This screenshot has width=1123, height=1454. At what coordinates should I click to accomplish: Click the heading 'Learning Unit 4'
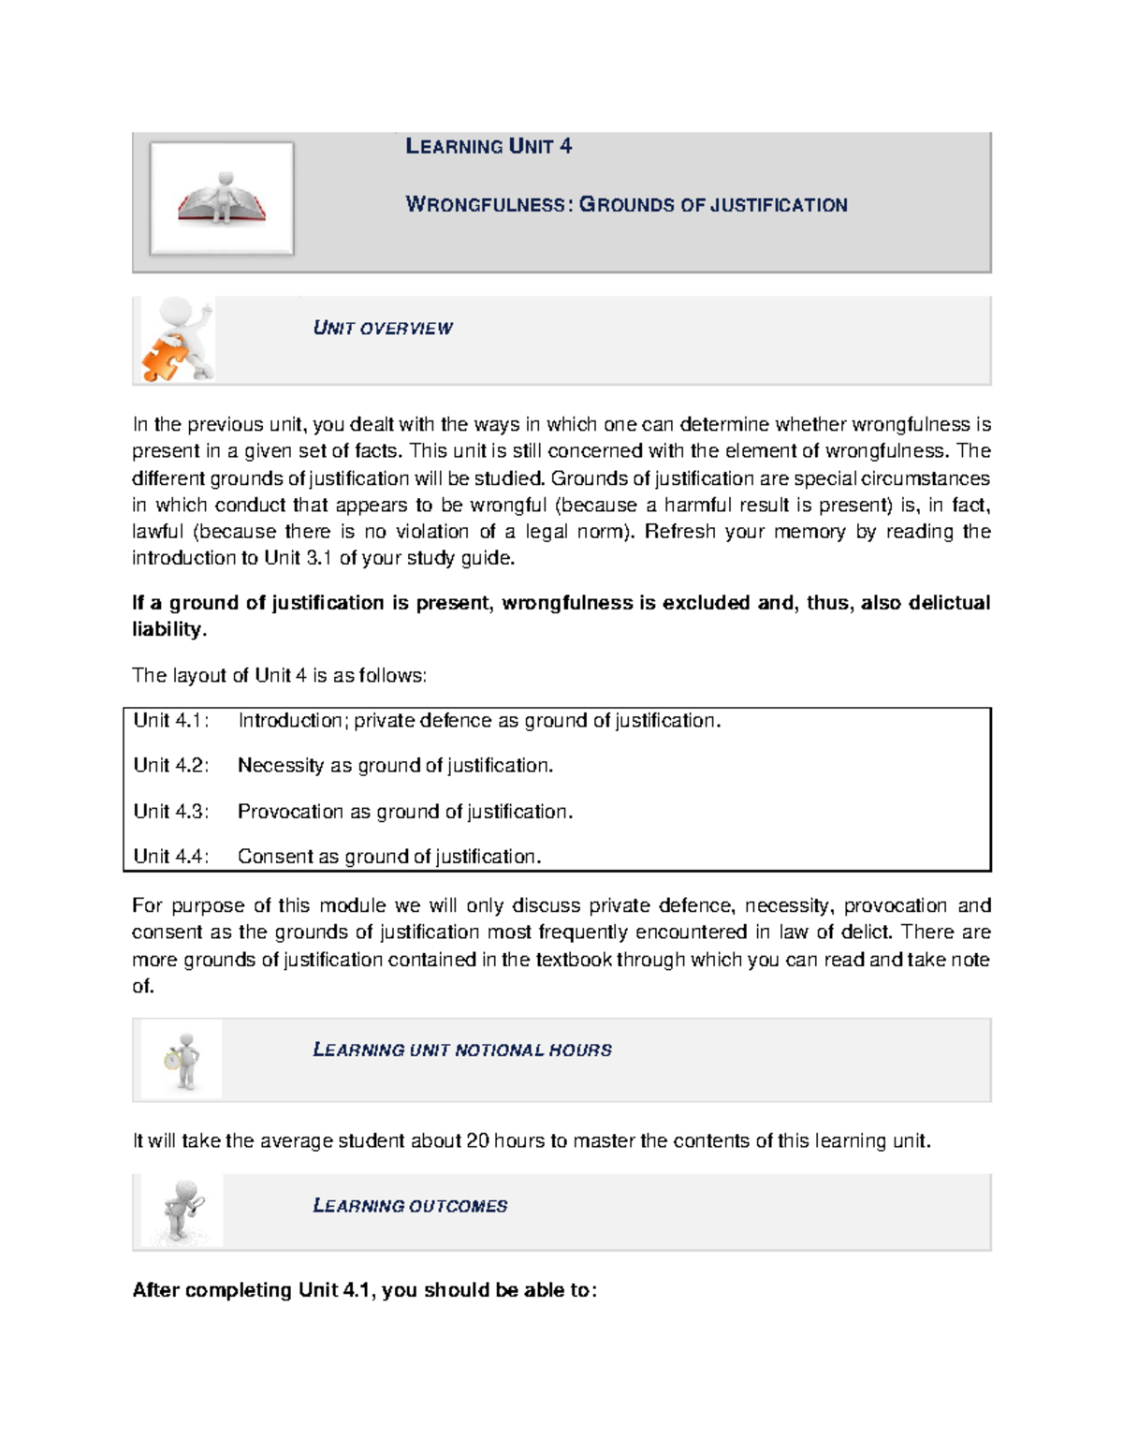[488, 146]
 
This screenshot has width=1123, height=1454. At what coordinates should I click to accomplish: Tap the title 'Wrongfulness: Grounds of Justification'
[626, 205]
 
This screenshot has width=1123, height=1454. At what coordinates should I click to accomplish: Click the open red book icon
[222, 198]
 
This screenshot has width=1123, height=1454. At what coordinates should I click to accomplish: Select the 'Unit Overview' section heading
[383, 329]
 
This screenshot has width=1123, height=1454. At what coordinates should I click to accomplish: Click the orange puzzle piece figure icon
[175, 341]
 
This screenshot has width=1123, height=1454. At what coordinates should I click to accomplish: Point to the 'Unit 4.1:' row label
[171, 720]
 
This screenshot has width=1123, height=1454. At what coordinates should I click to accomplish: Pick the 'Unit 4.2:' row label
[171, 765]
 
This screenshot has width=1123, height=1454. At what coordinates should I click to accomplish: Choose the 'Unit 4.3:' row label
[171, 811]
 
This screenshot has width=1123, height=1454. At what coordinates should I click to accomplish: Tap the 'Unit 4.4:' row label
[171, 856]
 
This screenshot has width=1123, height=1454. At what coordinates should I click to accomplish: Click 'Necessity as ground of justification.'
[395, 765]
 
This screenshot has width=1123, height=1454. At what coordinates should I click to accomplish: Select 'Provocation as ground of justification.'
[405, 811]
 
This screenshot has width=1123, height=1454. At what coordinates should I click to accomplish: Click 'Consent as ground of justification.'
[389, 856]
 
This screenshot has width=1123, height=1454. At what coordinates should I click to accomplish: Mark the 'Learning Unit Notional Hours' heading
[462, 1050]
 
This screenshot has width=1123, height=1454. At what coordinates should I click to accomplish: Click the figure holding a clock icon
[182, 1060]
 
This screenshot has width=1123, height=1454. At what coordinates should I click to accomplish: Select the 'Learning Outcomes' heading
[410, 1206]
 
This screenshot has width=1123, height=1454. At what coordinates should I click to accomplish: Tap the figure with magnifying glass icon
[182, 1211]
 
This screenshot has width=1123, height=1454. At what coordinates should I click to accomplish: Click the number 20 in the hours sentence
[477, 1140]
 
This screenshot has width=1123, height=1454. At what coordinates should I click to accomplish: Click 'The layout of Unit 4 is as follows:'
[279, 675]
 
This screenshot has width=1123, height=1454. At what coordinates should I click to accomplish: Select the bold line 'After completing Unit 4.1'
[364, 1289]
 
